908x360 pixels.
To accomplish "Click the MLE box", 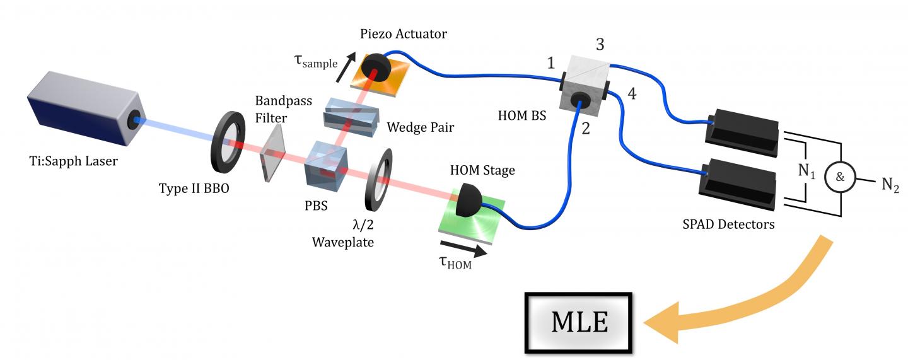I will tap(579, 322).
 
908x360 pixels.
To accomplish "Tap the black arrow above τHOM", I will tap(463, 248).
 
